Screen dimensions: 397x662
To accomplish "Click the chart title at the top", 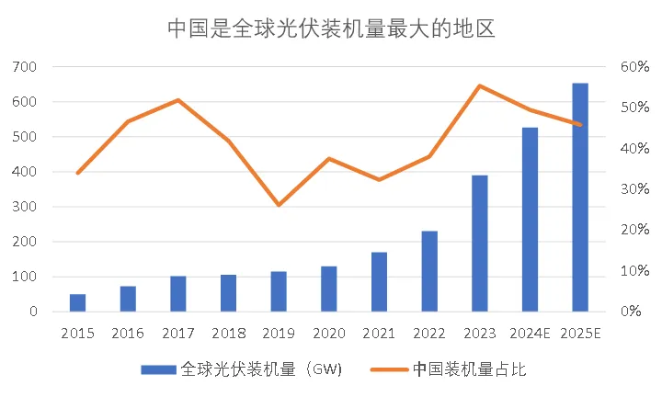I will [331, 28].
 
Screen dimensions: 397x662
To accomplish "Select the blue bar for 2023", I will [479, 244].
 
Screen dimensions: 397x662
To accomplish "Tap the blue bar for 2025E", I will [580, 198].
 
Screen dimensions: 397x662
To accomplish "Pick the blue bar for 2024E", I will [530, 220].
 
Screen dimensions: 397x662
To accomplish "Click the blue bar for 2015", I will [78, 303].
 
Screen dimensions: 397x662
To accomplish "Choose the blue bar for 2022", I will [429, 271].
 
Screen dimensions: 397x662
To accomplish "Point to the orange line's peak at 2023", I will [479, 85].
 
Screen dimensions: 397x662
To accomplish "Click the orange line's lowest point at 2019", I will [279, 205].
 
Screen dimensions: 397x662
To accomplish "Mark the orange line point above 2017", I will [178, 99].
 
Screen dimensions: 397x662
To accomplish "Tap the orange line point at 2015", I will [78, 173].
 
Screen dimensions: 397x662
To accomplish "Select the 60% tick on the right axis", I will [634, 67].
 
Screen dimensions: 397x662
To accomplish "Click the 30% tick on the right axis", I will [634, 189].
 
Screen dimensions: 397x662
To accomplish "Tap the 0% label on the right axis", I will [634, 312].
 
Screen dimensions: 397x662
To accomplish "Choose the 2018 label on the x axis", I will [228, 332].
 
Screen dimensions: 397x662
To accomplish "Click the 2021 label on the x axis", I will [379, 332].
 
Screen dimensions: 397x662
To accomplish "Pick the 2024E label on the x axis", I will [530, 332].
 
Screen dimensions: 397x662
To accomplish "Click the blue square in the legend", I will [158, 369].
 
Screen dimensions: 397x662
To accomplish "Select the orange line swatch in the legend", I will [389, 369].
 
